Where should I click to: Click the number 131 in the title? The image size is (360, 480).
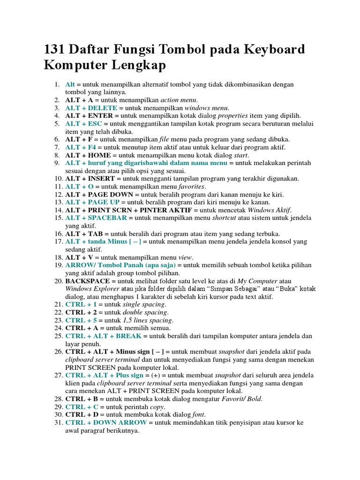56,49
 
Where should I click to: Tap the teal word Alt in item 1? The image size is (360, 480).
70,84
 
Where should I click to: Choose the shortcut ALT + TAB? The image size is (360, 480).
83,233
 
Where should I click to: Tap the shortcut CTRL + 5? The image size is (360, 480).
81,320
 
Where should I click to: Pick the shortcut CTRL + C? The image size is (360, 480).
81,407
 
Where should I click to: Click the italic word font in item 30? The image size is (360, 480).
199,415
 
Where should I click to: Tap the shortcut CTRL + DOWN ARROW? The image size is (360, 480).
106,423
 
